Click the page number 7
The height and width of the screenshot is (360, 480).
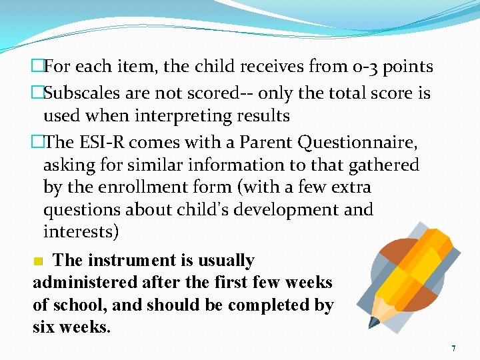[x=453, y=349]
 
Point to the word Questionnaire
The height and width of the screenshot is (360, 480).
[x=360, y=142]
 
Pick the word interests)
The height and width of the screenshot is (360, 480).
[x=81, y=232]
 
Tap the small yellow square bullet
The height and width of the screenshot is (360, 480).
[x=39, y=261]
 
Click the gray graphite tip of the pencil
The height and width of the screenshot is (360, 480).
[x=373, y=323]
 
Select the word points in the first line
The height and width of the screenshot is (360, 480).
[x=407, y=67]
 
